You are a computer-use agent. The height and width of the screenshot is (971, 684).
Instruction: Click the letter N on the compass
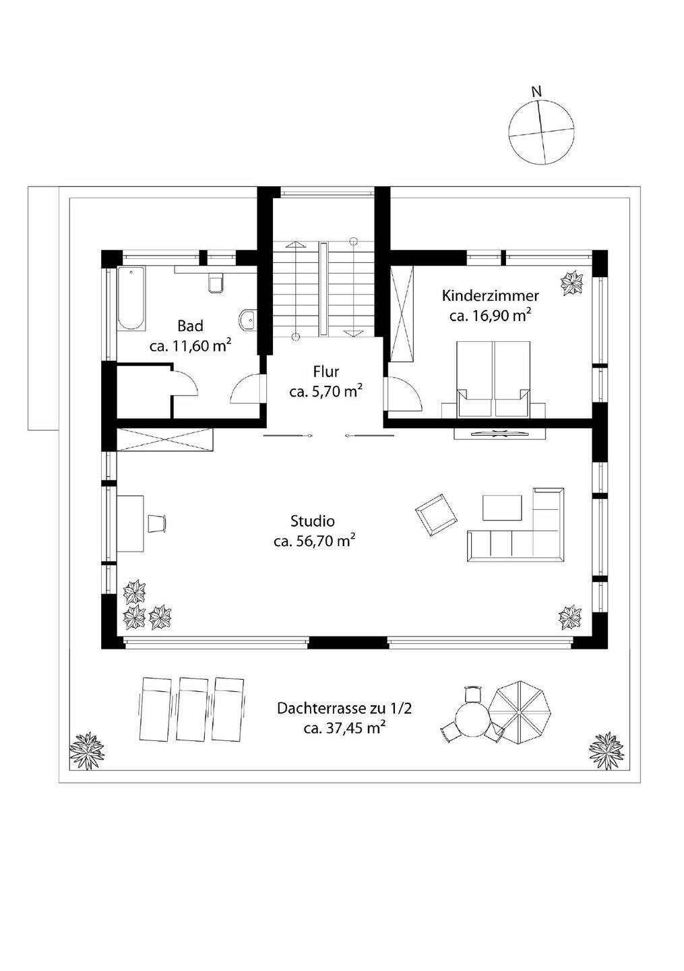click(536, 92)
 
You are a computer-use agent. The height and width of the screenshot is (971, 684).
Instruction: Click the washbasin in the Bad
click(247, 320)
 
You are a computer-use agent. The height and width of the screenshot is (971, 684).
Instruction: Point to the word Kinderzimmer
click(490, 296)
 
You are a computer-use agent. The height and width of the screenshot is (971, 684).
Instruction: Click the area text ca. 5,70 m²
click(325, 392)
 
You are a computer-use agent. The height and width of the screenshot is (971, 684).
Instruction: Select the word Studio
click(312, 521)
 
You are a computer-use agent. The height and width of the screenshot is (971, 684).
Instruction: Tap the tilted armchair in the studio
click(436, 515)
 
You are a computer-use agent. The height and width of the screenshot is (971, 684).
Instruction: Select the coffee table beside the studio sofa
click(503, 507)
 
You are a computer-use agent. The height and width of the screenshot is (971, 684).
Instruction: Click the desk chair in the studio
click(157, 523)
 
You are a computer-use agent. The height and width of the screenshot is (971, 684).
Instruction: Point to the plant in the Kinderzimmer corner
click(573, 282)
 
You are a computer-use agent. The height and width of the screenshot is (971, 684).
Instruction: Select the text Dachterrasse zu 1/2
click(344, 708)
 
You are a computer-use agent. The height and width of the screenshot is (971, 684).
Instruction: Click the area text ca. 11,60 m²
click(190, 346)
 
